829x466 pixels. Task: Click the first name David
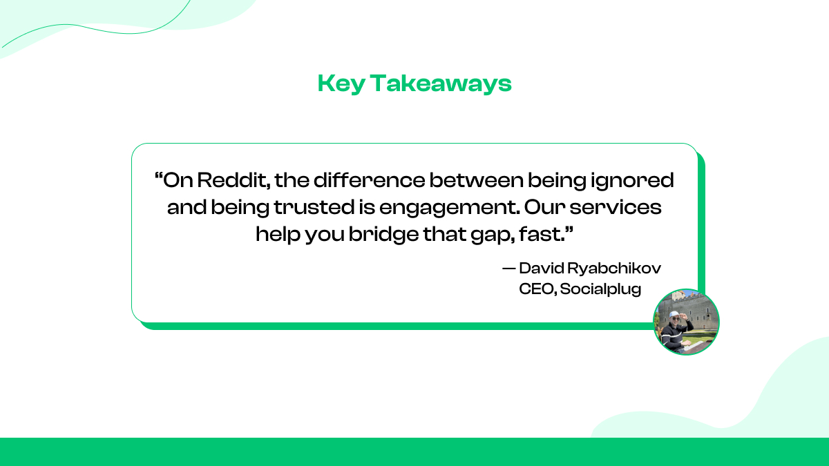pyautogui.click(x=540, y=268)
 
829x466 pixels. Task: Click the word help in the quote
pyautogui.click(x=279, y=234)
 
